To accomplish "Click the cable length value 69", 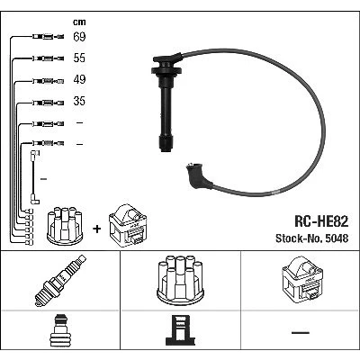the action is [79, 37].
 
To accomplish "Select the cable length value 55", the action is [79, 58].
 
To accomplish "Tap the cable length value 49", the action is [79, 79].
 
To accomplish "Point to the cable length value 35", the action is [79, 101].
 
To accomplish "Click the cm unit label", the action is [79, 22].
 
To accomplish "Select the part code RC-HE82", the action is [321, 221].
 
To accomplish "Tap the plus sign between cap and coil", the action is [97, 229].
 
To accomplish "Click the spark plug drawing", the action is [60, 281].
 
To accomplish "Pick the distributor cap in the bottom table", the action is [180, 279].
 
